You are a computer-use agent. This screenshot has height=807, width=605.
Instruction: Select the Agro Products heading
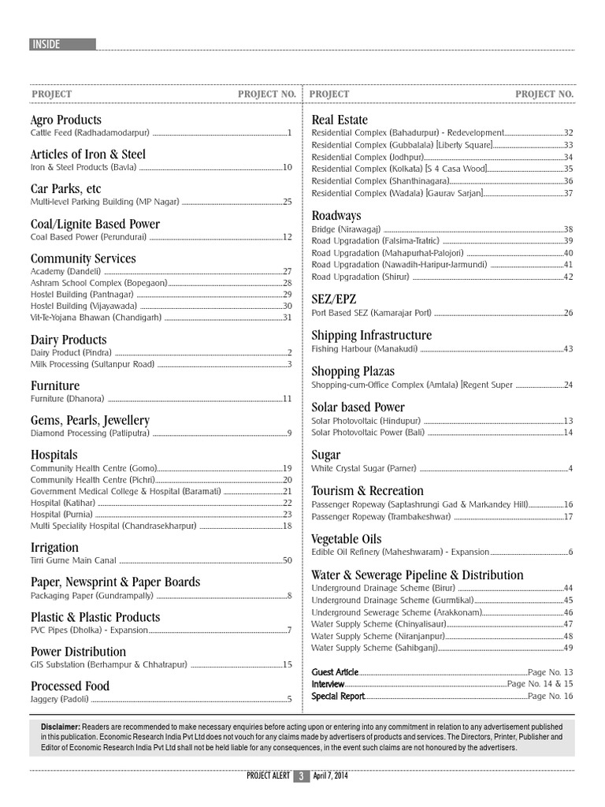pyautogui.click(x=65, y=120)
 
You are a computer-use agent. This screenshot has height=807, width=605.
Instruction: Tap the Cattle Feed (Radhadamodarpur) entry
pyautogui.click(x=89, y=133)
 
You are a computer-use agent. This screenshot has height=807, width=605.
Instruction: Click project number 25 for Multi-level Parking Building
pyautogui.click(x=288, y=203)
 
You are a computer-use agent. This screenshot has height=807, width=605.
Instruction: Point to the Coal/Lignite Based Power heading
pyautogui.click(x=95, y=224)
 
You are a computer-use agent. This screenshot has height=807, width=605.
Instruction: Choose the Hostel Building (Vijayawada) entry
pyautogui.click(x=84, y=306)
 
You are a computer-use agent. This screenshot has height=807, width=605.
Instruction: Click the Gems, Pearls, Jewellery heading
pyautogui.click(x=89, y=420)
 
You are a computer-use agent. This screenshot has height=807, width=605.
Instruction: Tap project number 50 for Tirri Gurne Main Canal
pyautogui.click(x=288, y=560)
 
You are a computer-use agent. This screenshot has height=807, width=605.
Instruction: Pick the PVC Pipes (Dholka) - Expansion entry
pyautogui.click(x=89, y=630)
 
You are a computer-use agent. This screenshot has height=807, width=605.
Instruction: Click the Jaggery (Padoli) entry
pyautogui.click(x=59, y=699)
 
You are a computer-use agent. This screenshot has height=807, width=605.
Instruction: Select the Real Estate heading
pyautogui.click(x=340, y=120)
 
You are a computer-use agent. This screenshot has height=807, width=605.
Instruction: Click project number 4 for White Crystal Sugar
pyautogui.click(x=570, y=469)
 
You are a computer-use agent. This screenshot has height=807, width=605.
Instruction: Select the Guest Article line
pyautogui.click(x=335, y=672)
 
